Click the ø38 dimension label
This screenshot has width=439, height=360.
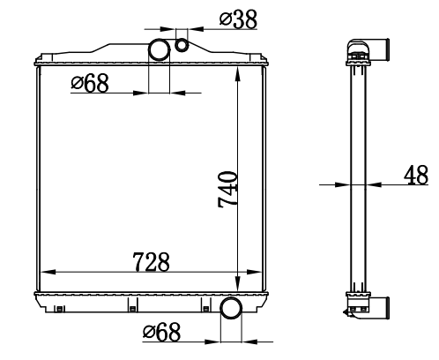coord(238,19)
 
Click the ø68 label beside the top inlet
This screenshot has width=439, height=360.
coord(90,83)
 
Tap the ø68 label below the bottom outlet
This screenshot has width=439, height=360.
coord(161,332)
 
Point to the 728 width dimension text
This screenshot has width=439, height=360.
coord(151,262)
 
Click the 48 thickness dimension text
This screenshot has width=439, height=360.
coord(416,176)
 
